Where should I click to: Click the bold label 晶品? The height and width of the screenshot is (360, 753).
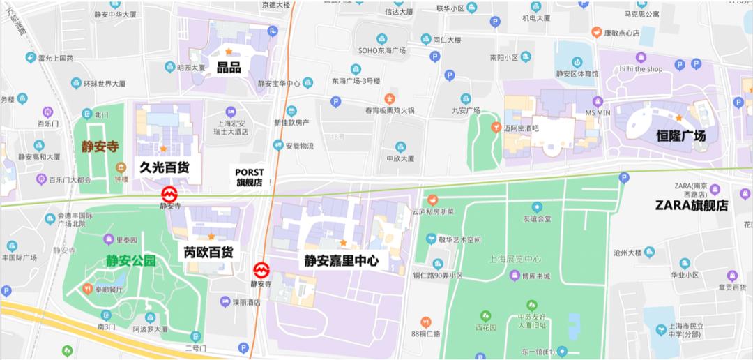[229, 68]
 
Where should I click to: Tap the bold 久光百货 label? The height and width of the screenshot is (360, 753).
[164, 167]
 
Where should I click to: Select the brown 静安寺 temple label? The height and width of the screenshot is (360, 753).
[100, 147]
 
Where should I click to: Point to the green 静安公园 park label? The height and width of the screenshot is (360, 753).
[130, 262]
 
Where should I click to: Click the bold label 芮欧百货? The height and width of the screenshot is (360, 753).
[208, 252]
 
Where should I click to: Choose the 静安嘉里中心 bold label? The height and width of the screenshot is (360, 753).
[341, 261]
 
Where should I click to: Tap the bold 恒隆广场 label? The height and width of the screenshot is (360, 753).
[680, 135]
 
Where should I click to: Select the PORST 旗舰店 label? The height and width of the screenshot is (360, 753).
[249, 177]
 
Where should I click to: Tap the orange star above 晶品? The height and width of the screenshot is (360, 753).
[229, 52]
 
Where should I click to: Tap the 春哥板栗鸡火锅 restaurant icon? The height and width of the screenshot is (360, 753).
[390, 99]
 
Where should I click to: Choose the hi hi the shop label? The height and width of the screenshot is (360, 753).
[641, 69]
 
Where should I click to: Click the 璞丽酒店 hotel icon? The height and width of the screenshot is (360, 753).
[225, 301]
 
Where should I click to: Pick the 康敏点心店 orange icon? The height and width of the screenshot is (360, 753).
[596, 32]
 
